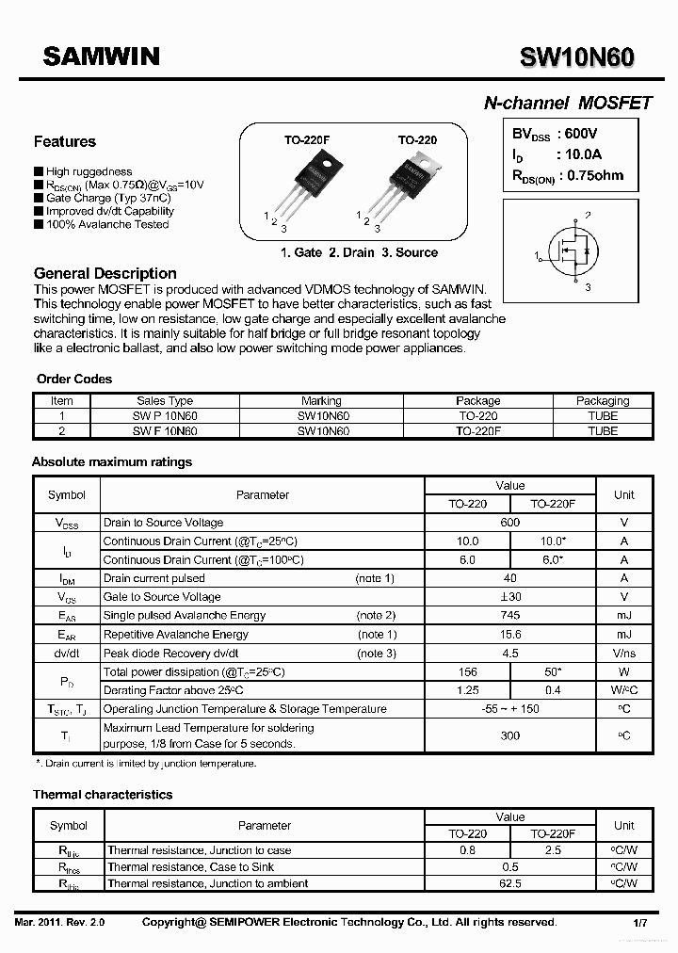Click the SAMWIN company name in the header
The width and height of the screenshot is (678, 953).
pyautogui.click(x=102, y=57)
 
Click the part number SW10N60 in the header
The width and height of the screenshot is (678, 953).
pyautogui.click(x=576, y=58)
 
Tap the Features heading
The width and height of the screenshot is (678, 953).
pyautogui.click(x=65, y=142)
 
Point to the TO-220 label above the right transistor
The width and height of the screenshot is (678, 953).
pyautogui.click(x=417, y=140)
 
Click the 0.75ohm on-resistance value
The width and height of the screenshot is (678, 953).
pyautogui.click(x=592, y=175)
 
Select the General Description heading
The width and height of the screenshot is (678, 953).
pyautogui.click(x=105, y=273)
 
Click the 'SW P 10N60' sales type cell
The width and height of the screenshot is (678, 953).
pyautogui.click(x=165, y=415)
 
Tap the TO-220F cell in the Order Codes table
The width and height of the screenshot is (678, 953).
pyautogui.click(x=478, y=430)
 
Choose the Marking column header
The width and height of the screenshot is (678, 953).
pyautogui.click(x=322, y=401)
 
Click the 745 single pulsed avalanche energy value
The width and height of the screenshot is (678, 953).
pyautogui.click(x=509, y=616)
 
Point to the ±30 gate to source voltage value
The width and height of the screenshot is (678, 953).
pyautogui.click(x=509, y=597)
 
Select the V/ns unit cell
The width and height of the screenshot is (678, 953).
pyautogui.click(x=623, y=654)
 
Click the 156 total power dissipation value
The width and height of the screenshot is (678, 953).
pyautogui.click(x=467, y=672)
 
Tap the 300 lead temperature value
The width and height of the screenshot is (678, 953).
pyautogui.click(x=509, y=735)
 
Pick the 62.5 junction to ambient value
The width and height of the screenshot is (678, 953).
pyautogui.click(x=509, y=883)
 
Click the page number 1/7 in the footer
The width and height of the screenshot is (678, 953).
pyautogui.click(x=638, y=923)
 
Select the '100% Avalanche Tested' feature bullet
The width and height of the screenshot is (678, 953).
pyautogui.click(x=107, y=225)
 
